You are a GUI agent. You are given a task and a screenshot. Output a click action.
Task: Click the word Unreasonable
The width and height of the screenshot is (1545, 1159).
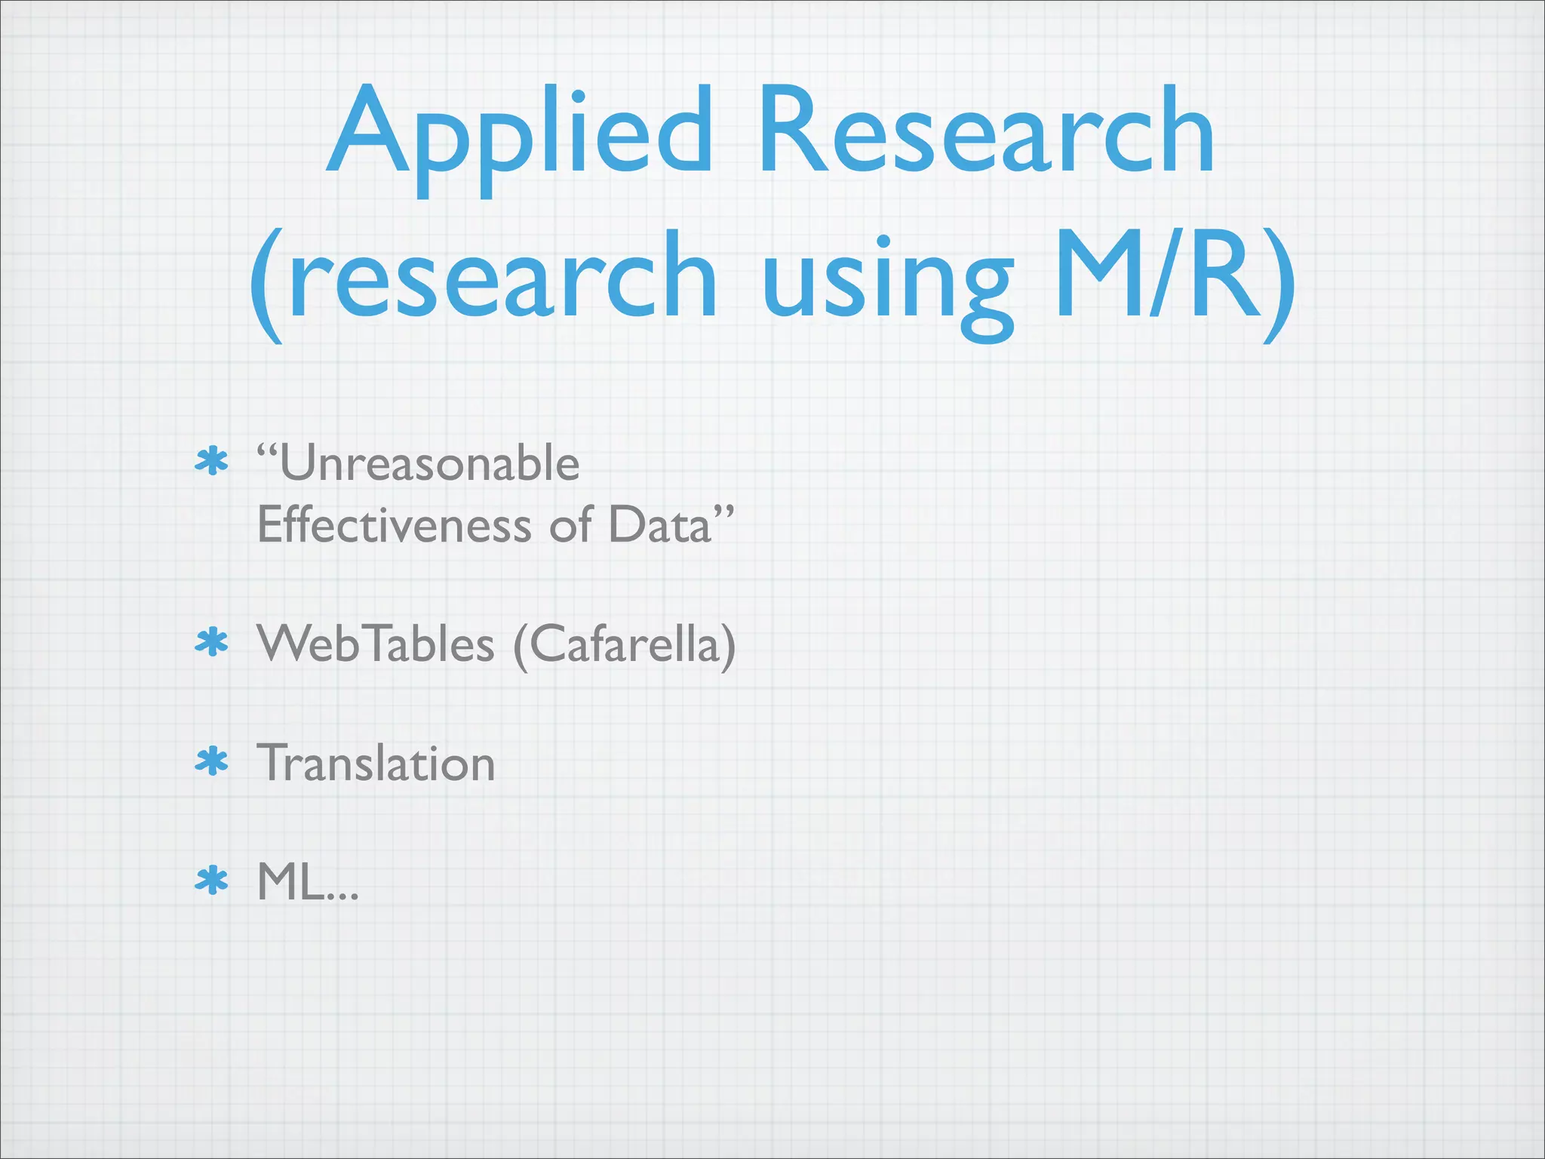(429, 463)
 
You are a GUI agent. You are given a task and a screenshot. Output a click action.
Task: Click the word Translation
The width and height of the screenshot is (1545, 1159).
(376, 763)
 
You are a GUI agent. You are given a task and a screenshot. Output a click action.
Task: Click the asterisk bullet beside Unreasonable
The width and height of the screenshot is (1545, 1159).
(211, 462)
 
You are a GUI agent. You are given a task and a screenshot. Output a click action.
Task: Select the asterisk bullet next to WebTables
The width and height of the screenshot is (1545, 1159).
(211, 642)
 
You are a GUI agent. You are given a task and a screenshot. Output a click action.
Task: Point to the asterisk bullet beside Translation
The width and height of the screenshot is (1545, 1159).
(211, 761)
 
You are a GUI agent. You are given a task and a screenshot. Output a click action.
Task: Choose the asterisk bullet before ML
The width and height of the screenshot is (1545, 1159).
(211, 881)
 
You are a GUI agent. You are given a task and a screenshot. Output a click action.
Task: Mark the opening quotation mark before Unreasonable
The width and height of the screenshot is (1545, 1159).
(267, 453)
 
